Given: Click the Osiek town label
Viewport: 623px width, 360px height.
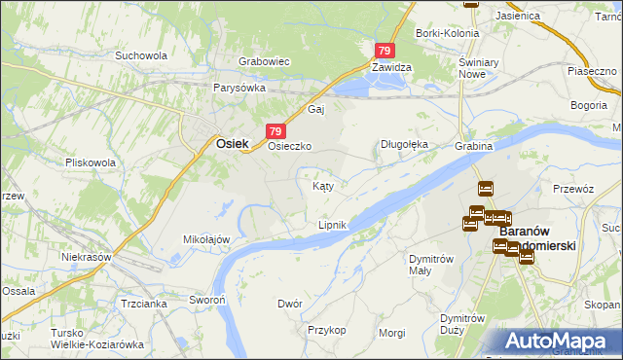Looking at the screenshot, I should tap(230, 144).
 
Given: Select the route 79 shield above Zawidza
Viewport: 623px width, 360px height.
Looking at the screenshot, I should tap(385, 51).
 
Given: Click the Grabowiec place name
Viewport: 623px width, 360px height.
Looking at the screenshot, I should tap(265, 61).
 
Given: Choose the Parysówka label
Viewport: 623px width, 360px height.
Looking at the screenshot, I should tap(239, 87).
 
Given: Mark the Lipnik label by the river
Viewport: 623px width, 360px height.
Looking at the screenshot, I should tap(332, 225).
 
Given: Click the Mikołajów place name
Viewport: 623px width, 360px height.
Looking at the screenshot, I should tap(206, 238).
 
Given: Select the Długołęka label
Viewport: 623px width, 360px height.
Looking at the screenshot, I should tap(403, 145).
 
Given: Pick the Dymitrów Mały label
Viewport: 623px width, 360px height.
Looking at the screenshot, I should tap(432, 265).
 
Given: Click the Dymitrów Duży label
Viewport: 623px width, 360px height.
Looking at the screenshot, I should tap(462, 324).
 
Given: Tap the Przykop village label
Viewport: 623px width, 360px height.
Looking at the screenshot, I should tap(327, 330).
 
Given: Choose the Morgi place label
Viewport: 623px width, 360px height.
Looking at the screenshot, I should tap(392, 332).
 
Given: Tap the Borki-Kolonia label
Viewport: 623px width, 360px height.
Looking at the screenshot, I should tap(447, 33).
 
